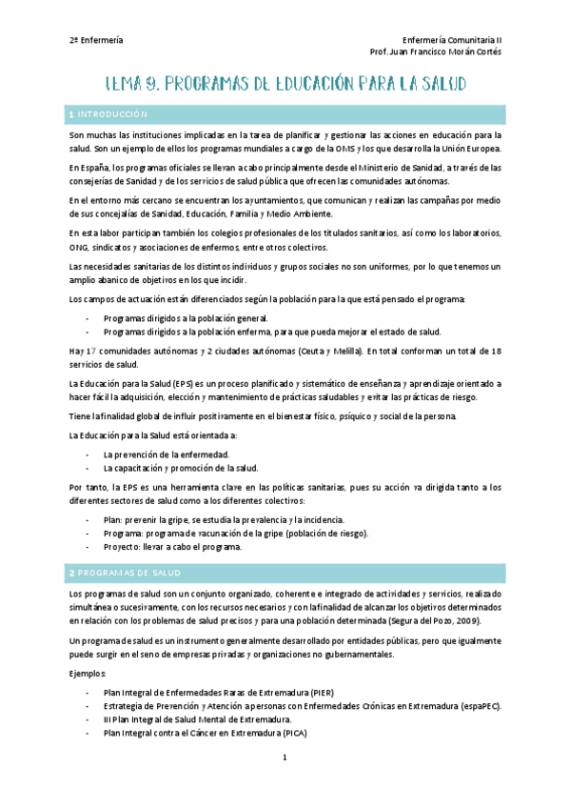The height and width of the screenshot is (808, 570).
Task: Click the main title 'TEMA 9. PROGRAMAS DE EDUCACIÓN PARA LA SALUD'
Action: [285, 85]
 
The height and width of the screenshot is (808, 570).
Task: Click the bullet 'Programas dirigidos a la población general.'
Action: [186, 318]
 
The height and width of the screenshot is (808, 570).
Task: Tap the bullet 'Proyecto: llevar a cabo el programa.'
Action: [173, 547]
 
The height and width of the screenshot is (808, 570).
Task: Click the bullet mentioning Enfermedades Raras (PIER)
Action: [219, 692]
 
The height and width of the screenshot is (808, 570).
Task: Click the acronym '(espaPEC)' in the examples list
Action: [479, 706]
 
